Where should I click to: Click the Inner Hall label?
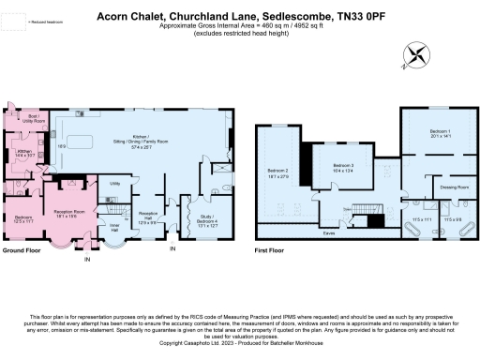pos(113,226)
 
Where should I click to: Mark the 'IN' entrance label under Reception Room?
pos(87,259)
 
